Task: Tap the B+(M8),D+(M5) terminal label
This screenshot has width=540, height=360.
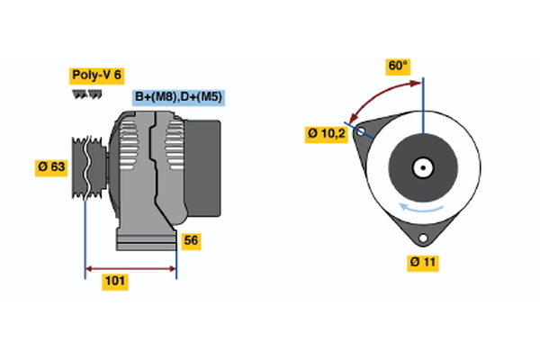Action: coord(179,96)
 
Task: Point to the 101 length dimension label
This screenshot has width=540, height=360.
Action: coord(115,282)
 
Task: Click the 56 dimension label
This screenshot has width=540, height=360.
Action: coord(191,240)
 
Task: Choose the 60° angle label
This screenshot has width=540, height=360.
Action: coord(398,66)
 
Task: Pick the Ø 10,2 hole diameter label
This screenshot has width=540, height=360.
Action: coord(326,134)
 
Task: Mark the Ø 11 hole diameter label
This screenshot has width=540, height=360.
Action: coord(421,262)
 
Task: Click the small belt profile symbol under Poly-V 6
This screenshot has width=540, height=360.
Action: coord(86,94)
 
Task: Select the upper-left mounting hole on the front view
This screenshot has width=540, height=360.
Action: coord(362,131)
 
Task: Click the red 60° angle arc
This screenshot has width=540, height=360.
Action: coord(378,95)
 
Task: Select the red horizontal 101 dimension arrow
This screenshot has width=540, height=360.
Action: coord(130,268)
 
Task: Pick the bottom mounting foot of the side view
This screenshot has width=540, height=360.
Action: coord(145,240)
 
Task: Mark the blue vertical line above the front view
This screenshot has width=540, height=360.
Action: coord(422,99)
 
